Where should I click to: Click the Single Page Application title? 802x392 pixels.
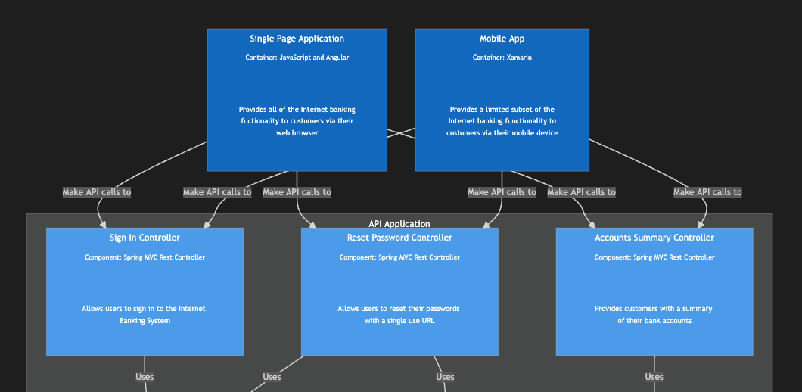point(297,39)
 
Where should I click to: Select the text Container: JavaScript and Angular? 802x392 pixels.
point(297,58)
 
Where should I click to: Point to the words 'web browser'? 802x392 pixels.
point(297,133)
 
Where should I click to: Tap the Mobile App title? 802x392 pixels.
point(502,39)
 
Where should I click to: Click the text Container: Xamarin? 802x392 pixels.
point(502,58)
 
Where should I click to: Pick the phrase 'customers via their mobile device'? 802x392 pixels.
point(502,133)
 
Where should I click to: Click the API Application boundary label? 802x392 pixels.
point(399,224)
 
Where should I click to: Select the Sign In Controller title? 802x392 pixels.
point(145,238)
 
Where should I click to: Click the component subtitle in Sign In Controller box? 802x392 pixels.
point(145,257)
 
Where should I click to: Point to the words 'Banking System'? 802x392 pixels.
point(145,321)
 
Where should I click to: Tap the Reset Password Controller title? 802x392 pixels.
point(399,238)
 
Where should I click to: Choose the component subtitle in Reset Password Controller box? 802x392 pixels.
point(399,257)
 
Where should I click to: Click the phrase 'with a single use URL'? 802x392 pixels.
point(399,321)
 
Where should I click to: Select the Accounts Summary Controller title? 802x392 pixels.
point(654,238)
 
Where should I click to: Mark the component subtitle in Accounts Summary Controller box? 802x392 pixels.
point(654,257)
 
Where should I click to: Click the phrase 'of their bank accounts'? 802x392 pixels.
point(654,321)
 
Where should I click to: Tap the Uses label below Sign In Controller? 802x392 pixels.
point(145,377)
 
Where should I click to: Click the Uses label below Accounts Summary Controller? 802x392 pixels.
point(654,377)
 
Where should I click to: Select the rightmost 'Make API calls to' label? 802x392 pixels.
point(707,192)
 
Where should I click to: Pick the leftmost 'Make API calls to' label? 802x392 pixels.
point(96,192)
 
